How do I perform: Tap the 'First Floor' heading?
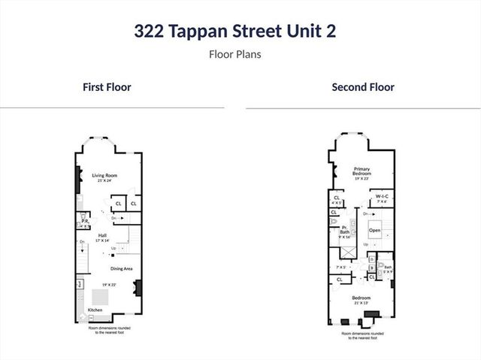tap(107, 87)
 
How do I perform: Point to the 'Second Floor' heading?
tap(363, 87)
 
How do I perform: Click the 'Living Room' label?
tap(104, 176)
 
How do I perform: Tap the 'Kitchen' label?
tap(95, 310)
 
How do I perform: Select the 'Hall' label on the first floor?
tap(102, 234)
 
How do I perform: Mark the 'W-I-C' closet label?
tap(381, 197)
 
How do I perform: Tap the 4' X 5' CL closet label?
tap(337, 199)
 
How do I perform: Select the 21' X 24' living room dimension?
tap(104, 181)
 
